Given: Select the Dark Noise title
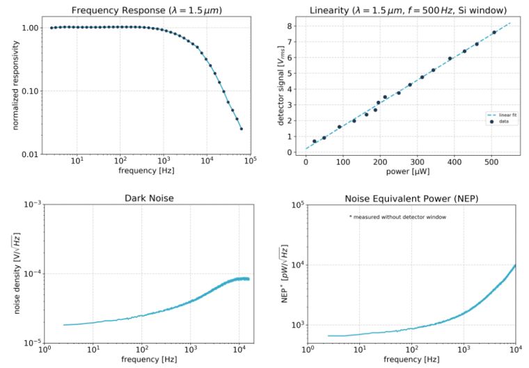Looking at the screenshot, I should [146, 198].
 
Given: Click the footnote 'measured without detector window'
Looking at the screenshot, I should [397, 218].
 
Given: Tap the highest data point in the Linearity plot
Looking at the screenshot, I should [494, 32].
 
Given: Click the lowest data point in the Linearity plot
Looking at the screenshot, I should [315, 141].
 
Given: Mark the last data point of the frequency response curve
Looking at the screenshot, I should [242, 129].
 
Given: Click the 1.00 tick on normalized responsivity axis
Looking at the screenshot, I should [29, 28].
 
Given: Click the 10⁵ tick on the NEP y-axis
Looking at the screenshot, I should [297, 205].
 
